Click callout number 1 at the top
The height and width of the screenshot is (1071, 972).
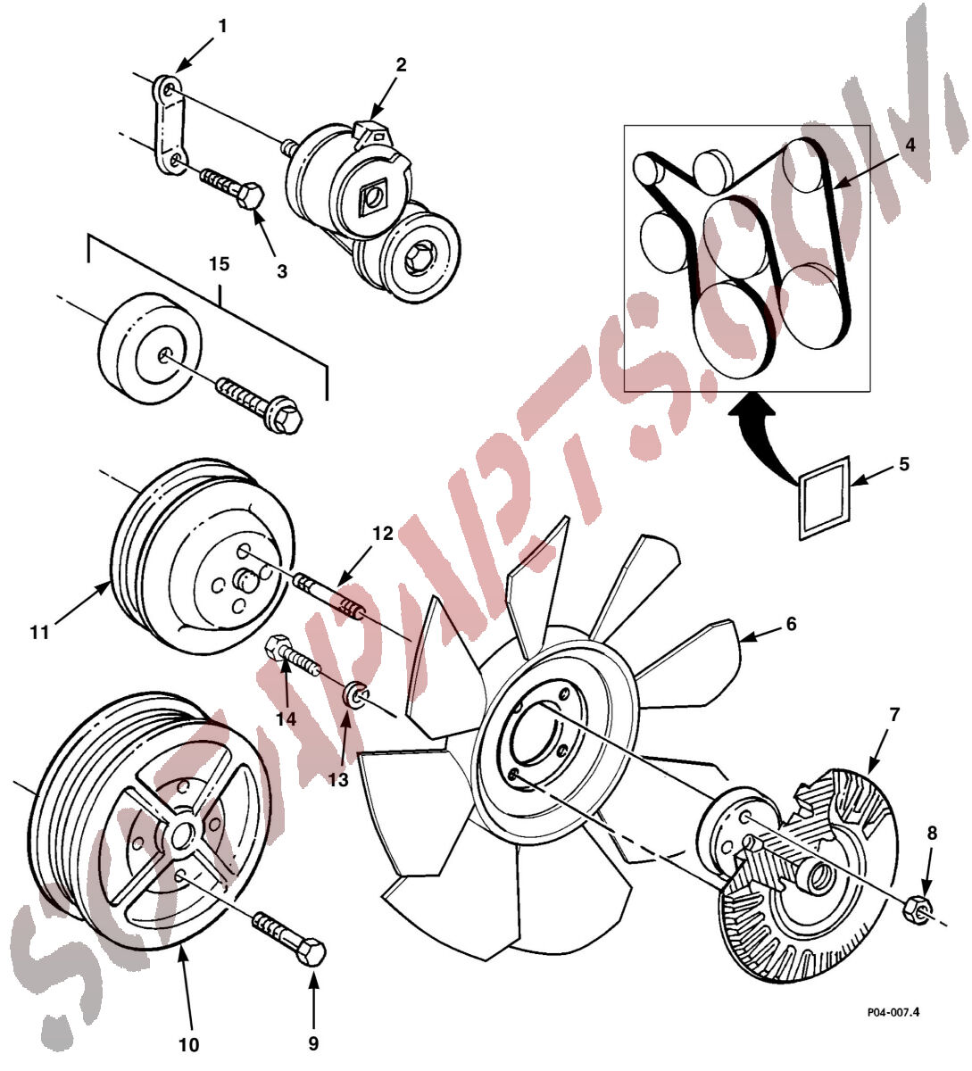coord(223,26)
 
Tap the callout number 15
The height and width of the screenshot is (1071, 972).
coord(219,264)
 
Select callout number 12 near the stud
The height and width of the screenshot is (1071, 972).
coord(382,533)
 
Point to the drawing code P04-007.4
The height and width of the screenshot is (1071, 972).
coord(893,1012)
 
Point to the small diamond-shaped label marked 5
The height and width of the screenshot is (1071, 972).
coord(824,498)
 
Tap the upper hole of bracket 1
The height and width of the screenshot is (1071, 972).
coord(168,89)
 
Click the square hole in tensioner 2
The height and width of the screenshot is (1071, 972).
coord(370,197)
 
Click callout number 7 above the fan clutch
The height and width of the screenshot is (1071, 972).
coord(894,714)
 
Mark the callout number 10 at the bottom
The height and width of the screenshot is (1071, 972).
coord(188,1044)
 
